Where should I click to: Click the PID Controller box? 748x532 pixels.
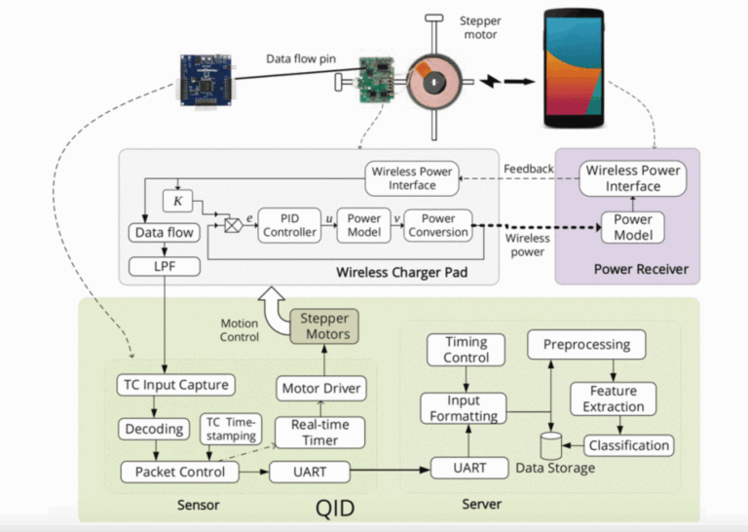[x=290, y=225]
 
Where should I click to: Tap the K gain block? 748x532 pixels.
[x=177, y=202]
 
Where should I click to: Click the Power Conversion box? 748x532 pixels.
[x=437, y=225]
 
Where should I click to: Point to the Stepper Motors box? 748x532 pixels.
[x=324, y=326]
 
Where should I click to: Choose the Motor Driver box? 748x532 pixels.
[x=321, y=389]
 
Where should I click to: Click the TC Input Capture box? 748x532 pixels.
[x=176, y=384]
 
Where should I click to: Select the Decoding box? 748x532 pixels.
[x=153, y=429]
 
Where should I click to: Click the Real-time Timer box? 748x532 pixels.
[x=320, y=433]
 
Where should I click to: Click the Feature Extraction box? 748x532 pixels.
[x=614, y=399]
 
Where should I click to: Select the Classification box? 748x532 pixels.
[x=629, y=445]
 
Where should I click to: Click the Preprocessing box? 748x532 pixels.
[x=586, y=344]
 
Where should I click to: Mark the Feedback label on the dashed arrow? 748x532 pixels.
[x=529, y=169]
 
